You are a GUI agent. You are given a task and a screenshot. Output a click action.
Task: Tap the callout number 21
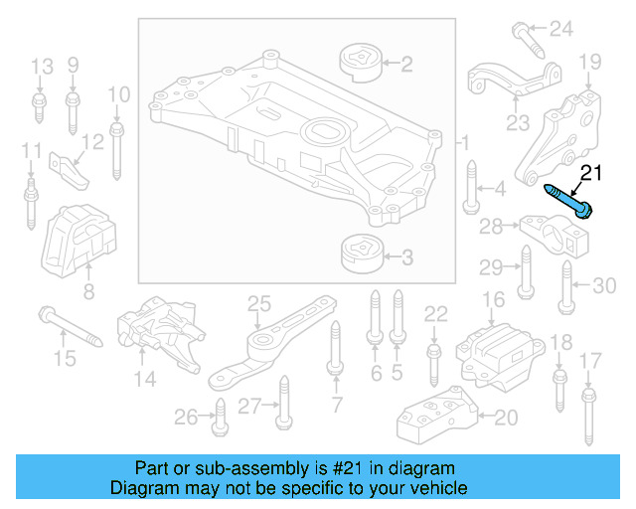point(591,173)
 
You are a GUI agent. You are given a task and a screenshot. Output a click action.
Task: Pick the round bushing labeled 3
point(361,254)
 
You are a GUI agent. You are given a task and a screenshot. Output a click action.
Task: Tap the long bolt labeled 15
point(71,328)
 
